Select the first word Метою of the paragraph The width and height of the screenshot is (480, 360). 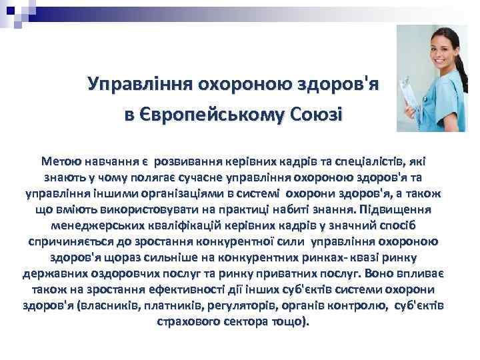tap(63, 161)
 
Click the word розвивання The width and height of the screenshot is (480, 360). tap(189, 161)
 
